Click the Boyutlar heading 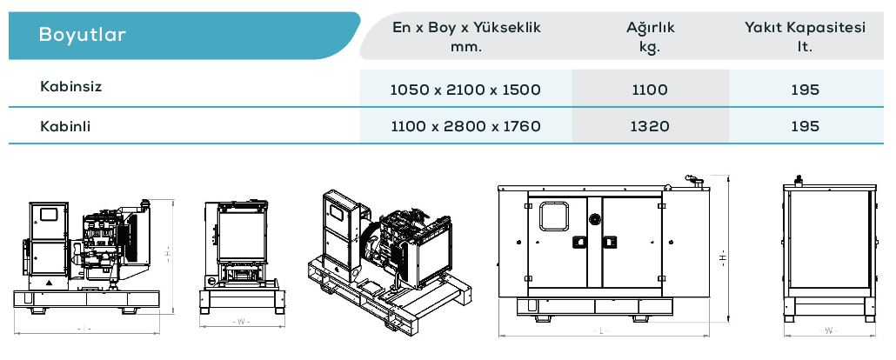pos(83,34)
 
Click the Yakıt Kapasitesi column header pos(805,28)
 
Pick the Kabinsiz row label pos(70,87)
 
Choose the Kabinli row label pos(65,126)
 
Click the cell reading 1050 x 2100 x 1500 pos(465,90)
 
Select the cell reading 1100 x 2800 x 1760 pos(465,126)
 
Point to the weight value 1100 pos(651,90)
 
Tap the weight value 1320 pos(651,126)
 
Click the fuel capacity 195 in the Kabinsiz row pos(806,90)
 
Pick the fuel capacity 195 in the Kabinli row pos(806,126)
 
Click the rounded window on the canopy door pos(554,217)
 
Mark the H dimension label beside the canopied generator pos(724,257)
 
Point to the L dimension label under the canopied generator pos(601,330)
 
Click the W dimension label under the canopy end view pos(828,330)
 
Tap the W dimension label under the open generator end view pos(241,322)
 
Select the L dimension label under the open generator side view pos(84,329)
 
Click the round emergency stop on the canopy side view pos(595,218)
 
